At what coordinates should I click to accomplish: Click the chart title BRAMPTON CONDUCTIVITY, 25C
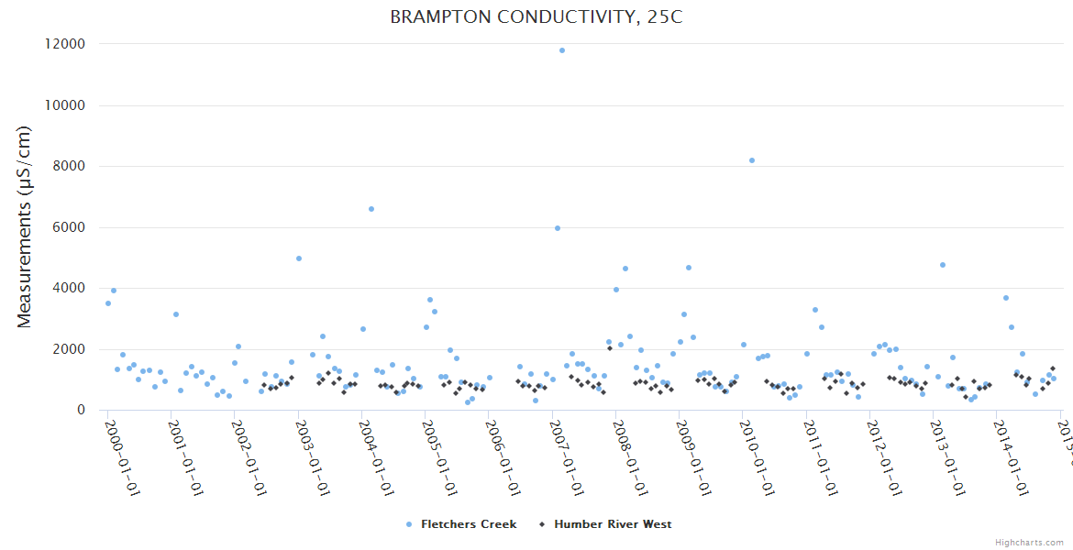click(x=536, y=17)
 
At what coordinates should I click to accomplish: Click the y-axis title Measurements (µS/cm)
click(x=25, y=226)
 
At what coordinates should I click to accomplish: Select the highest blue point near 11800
click(x=562, y=50)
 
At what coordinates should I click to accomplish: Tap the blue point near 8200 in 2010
click(x=752, y=160)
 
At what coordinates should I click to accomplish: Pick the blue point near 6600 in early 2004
click(x=371, y=209)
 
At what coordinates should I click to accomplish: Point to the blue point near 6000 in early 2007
click(x=558, y=228)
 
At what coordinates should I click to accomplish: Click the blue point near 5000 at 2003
click(x=299, y=258)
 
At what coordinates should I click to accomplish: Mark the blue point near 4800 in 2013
click(x=943, y=265)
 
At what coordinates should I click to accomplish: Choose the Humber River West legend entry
click(x=612, y=524)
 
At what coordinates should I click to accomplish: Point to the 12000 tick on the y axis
click(x=65, y=44)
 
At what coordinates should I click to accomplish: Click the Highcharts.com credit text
click(x=1029, y=542)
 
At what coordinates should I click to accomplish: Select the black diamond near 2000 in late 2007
click(x=609, y=348)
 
